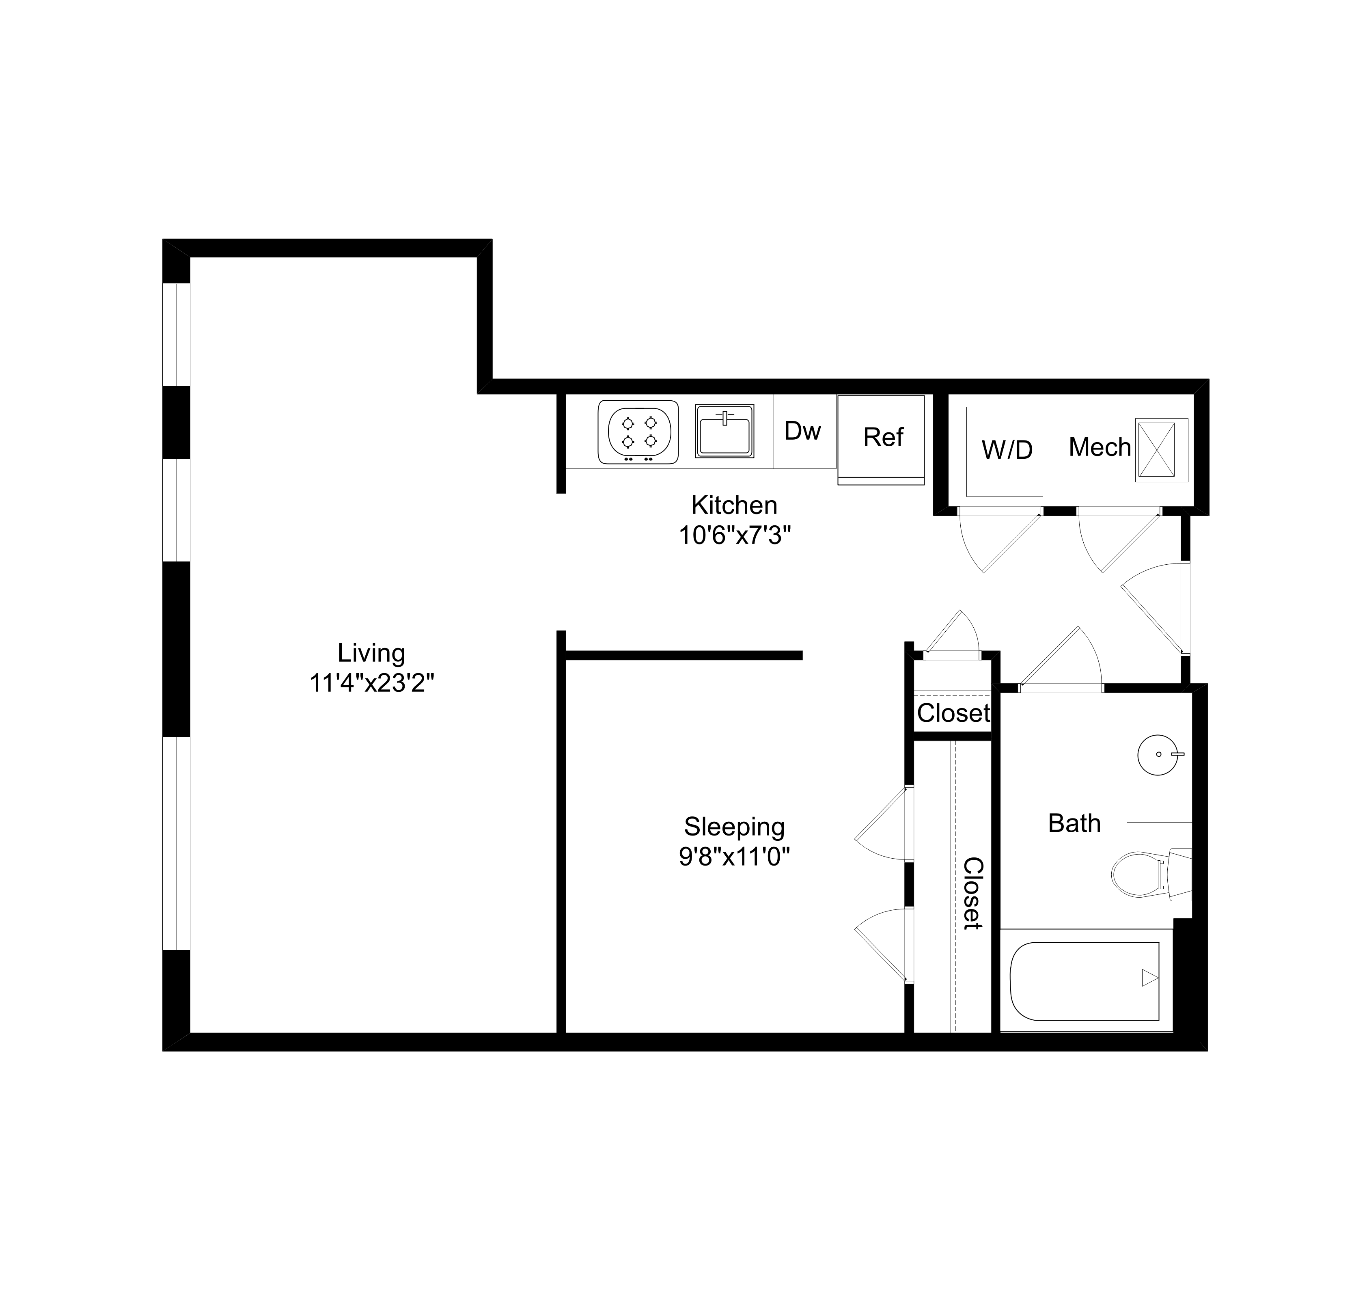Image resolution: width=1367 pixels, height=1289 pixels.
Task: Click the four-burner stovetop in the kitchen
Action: pos(638,432)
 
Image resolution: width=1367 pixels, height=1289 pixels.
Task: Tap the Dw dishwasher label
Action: pos(802,431)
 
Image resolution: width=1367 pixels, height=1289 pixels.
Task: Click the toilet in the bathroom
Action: pos(1145,874)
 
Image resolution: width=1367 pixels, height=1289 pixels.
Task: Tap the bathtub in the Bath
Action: pos(1085,982)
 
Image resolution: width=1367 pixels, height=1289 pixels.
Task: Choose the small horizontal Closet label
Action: pos(953,713)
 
